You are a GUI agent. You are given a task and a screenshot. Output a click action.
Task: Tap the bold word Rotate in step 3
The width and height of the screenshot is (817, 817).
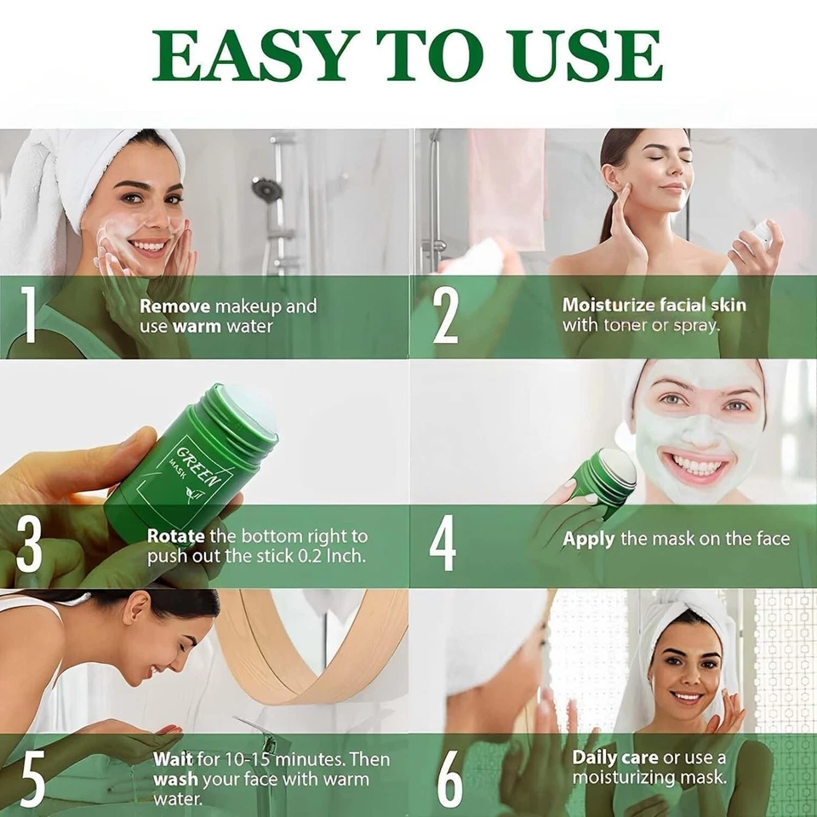tap(175, 536)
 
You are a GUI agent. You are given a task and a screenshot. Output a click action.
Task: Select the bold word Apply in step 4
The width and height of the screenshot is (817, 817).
tap(588, 539)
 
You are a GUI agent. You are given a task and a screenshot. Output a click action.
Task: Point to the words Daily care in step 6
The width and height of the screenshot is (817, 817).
tap(615, 757)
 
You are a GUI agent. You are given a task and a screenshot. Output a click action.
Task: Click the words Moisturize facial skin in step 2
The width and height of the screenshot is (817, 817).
tap(654, 305)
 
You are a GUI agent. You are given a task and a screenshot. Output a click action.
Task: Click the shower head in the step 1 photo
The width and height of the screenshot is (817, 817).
tap(266, 188)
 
